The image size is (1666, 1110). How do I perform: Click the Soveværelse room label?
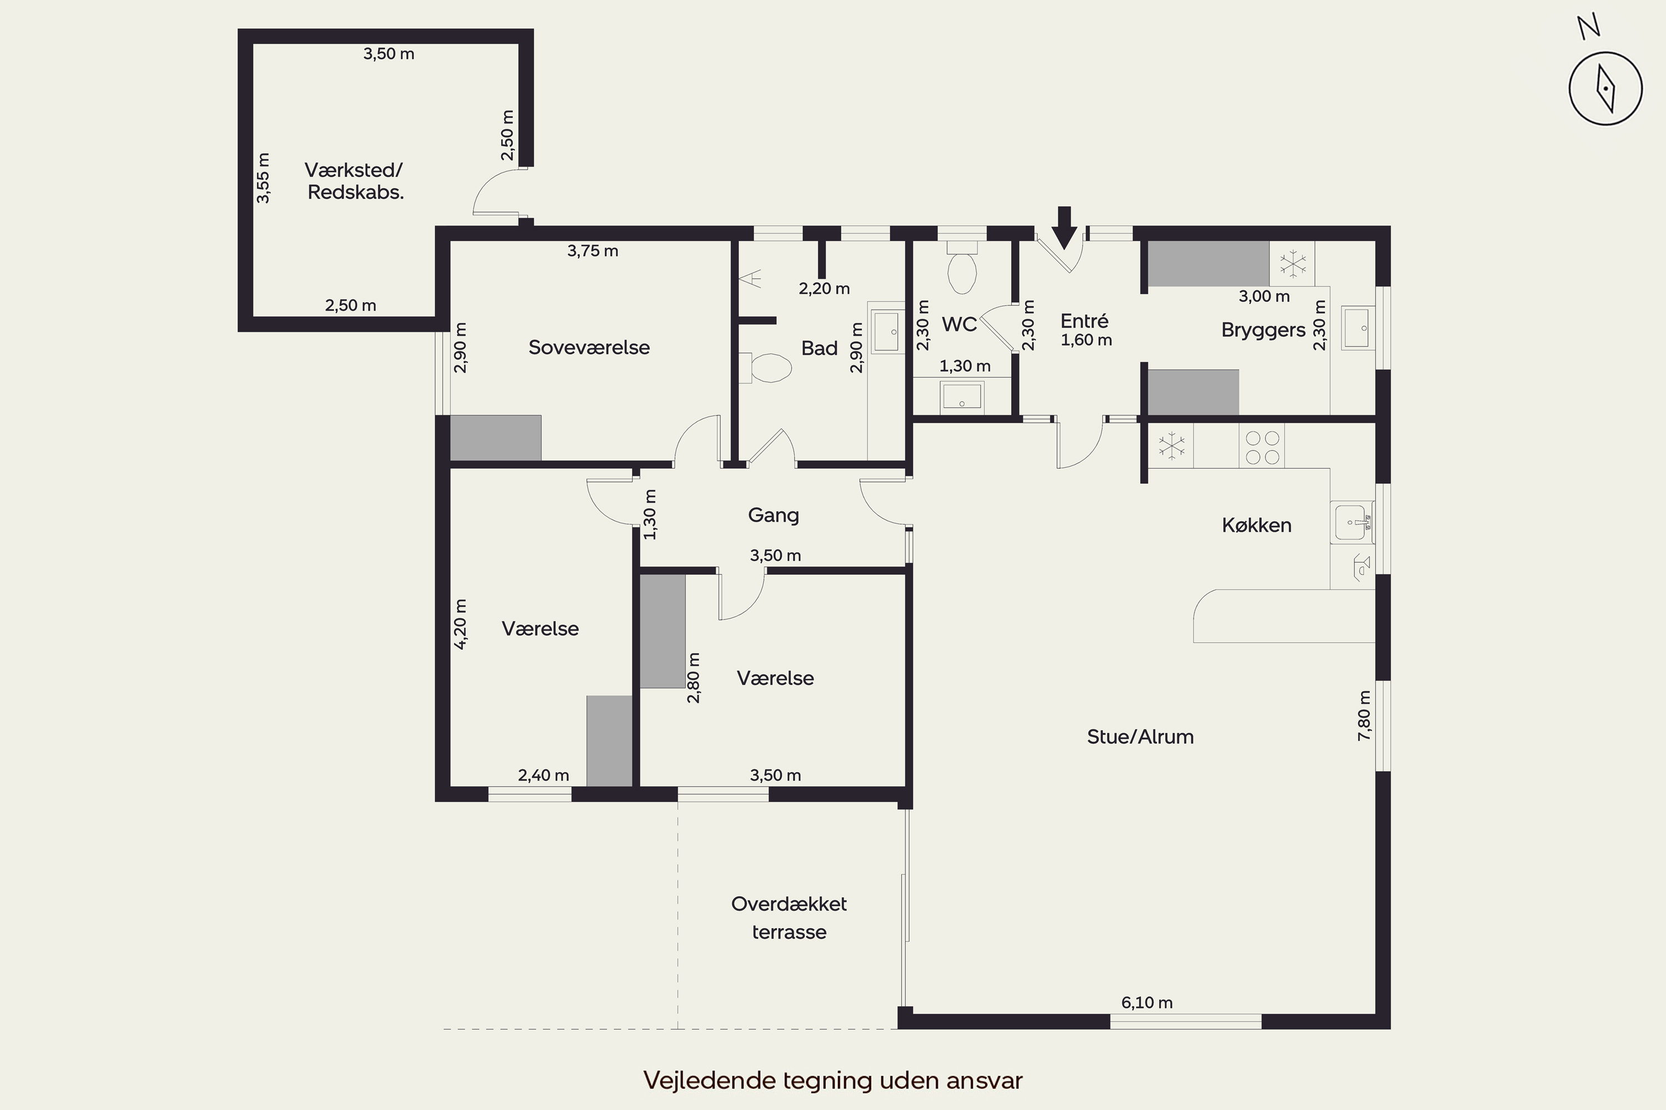(589, 347)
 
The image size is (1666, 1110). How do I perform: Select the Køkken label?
(1257, 525)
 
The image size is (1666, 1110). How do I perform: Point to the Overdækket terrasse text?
(789, 917)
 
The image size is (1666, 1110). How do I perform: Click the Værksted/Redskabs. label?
(354, 181)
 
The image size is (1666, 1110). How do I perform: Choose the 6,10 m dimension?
(1147, 1002)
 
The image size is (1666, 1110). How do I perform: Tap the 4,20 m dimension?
(460, 624)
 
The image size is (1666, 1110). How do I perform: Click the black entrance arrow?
(1064, 227)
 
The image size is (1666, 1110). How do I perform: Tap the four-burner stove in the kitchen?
(1262, 447)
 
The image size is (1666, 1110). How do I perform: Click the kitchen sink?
(1352, 522)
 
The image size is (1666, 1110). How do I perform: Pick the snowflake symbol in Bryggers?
(1293, 263)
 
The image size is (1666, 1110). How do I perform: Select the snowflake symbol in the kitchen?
(1172, 447)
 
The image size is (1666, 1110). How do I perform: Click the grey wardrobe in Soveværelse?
(496, 438)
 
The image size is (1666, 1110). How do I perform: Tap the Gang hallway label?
(774, 516)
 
